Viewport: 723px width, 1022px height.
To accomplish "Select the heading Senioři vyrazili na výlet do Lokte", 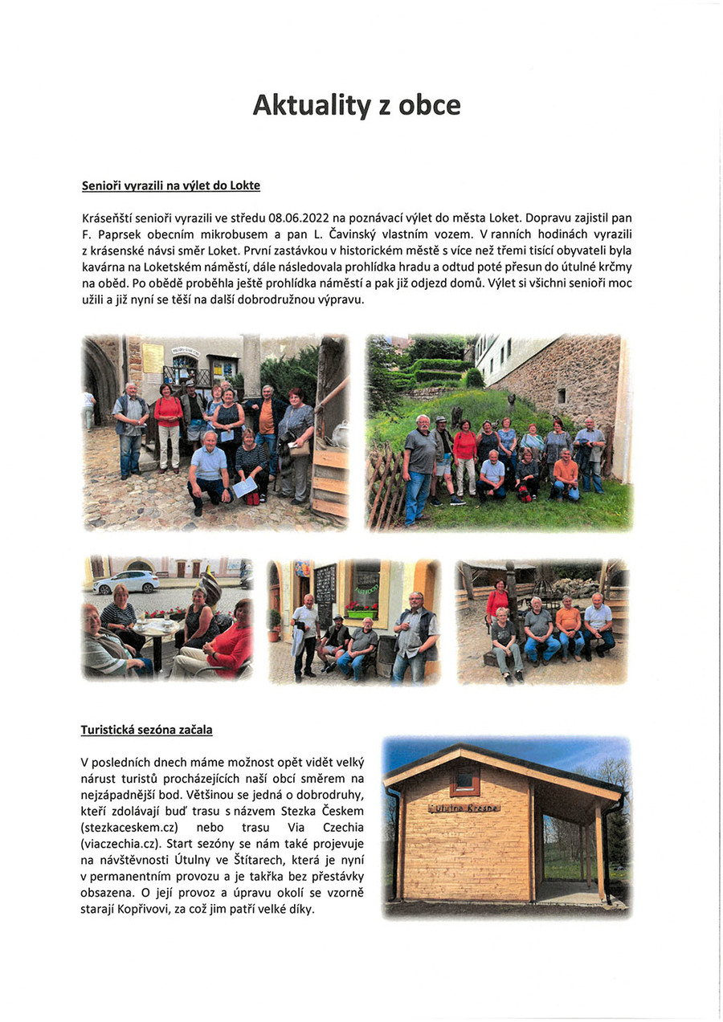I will point(171,185).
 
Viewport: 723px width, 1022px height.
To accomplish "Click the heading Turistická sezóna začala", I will point(146,730).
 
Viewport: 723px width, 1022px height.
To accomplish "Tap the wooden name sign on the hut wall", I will point(464,807).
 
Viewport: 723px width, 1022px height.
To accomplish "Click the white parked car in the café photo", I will point(126,582).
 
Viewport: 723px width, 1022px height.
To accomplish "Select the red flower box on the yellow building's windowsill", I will point(361,613).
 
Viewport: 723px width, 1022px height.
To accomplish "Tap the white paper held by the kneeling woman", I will point(244,487).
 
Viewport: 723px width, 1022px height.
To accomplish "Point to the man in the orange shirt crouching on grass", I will point(566,474).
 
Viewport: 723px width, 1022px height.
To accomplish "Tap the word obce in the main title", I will point(425,105).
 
